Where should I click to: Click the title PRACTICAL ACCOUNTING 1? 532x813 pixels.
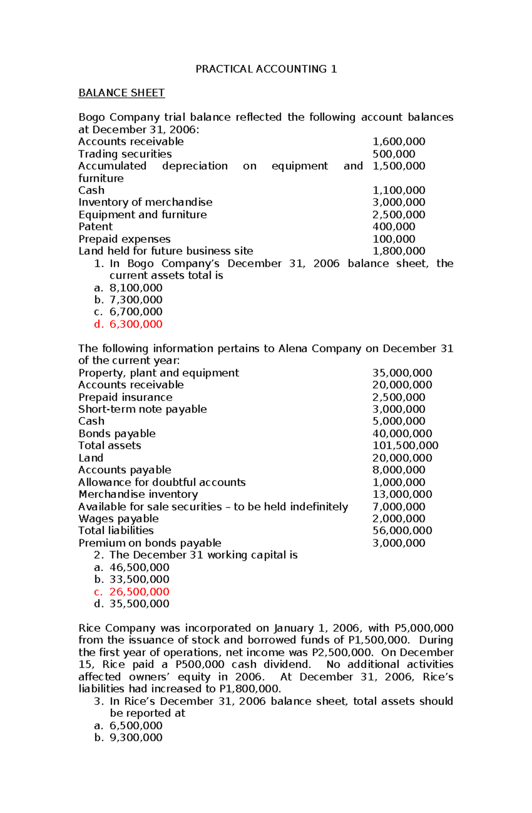tap(266, 69)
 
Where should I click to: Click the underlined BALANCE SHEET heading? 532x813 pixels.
tap(121, 93)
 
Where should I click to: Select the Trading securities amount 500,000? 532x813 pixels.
tap(394, 154)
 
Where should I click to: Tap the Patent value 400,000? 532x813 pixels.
tap(394, 227)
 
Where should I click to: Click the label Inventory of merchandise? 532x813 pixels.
tap(145, 202)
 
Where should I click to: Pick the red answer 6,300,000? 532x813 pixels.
tap(136, 324)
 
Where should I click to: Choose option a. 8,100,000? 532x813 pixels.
tap(136, 288)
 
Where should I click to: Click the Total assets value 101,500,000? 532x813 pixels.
tap(405, 446)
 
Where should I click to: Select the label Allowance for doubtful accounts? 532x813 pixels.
tap(162, 482)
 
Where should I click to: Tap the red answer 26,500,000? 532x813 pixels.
tap(139, 592)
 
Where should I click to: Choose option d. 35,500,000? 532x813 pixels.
tap(139, 604)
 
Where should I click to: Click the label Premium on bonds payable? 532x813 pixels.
tap(150, 543)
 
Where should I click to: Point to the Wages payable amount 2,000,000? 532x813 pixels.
tap(399, 519)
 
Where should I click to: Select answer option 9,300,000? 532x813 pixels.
tap(136, 738)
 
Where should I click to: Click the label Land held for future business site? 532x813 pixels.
tap(166, 251)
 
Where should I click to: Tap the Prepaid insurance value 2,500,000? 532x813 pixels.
tap(399, 397)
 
